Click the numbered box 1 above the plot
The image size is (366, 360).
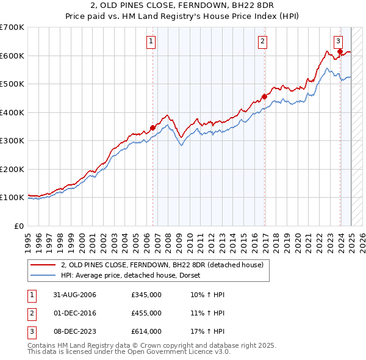150,41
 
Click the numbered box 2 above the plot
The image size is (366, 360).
262,41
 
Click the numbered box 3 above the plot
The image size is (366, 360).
338,41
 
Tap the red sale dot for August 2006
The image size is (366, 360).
152,128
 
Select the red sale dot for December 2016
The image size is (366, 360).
265,96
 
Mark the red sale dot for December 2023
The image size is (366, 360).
340,51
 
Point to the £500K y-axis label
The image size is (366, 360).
12,84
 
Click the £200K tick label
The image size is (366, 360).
12,169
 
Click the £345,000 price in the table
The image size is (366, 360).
146,295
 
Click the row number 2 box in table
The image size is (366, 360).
30,313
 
